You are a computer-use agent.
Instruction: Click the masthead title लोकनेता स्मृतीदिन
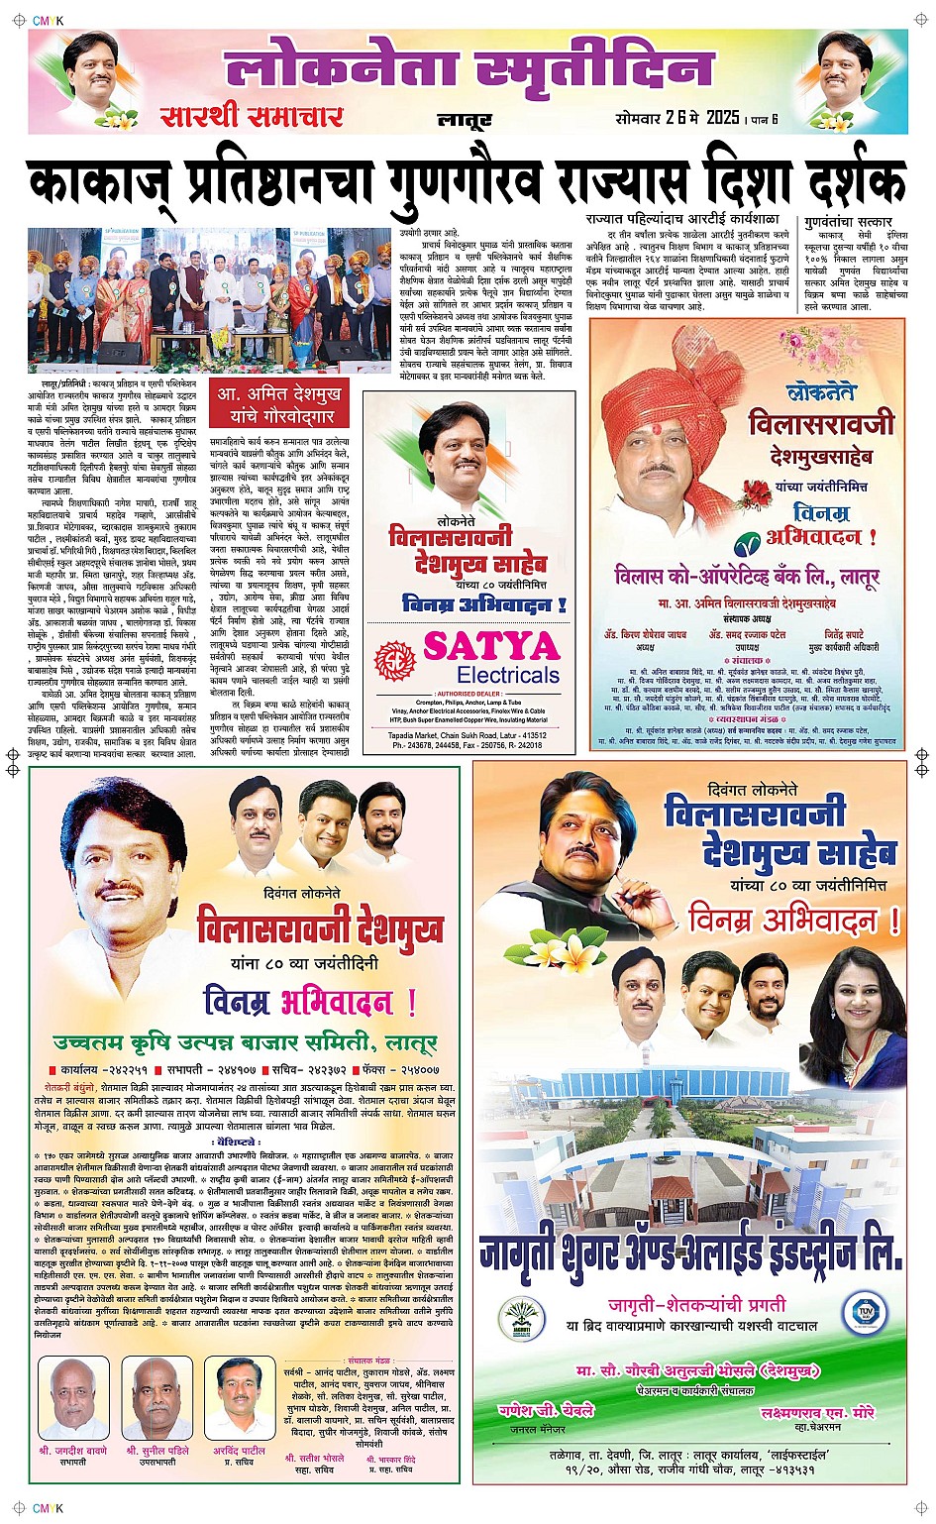468,69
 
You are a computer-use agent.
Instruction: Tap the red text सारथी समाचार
252,117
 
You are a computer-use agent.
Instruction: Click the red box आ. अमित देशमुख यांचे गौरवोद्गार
279,404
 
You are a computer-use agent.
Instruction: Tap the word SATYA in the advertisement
491,646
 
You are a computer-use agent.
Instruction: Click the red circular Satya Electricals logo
395,660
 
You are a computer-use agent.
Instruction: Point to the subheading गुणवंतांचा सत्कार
848,222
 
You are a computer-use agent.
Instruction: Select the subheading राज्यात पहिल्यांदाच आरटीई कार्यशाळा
681,219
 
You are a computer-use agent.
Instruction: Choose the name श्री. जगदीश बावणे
73,1450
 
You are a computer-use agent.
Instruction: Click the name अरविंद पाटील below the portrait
240,1451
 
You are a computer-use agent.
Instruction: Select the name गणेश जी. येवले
546,1410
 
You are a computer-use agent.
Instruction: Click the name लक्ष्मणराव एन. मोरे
818,1412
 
